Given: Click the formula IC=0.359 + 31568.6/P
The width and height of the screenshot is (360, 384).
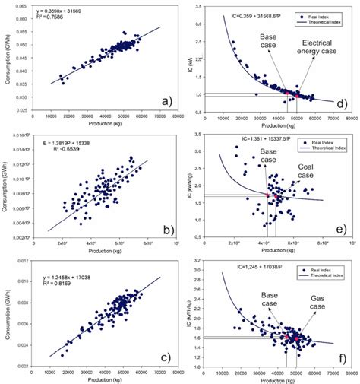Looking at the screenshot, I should click(249, 14).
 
